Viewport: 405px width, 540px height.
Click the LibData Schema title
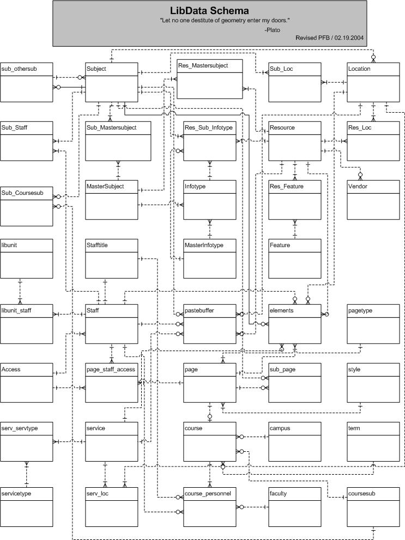pos(209,11)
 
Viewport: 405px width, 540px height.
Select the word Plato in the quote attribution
pos(274,30)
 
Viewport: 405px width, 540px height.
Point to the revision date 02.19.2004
pos(349,38)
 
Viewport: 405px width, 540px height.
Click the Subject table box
pos(112,82)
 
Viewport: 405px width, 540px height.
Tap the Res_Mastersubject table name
pos(203,65)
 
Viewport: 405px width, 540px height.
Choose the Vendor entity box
pos(373,200)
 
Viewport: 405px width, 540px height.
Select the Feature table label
pos(280,245)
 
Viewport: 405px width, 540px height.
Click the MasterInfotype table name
pos(204,245)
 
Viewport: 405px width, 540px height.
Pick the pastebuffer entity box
pos(210,324)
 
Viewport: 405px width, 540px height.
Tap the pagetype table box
pos(373,324)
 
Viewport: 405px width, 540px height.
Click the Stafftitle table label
pos(97,245)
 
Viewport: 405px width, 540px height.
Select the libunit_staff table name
pos(16,311)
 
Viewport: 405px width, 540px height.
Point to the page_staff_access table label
pos(111,370)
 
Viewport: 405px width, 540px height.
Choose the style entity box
pos(373,383)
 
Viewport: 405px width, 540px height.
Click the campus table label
pos(280,428)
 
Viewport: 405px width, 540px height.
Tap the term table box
pos(373,441)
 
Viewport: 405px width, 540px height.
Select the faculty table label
pos(278,494)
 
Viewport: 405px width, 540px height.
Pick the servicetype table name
pos(16,494)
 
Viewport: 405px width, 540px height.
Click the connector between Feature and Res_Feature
pos(295,229)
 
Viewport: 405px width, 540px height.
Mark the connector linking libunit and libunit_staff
pos(20,291)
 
